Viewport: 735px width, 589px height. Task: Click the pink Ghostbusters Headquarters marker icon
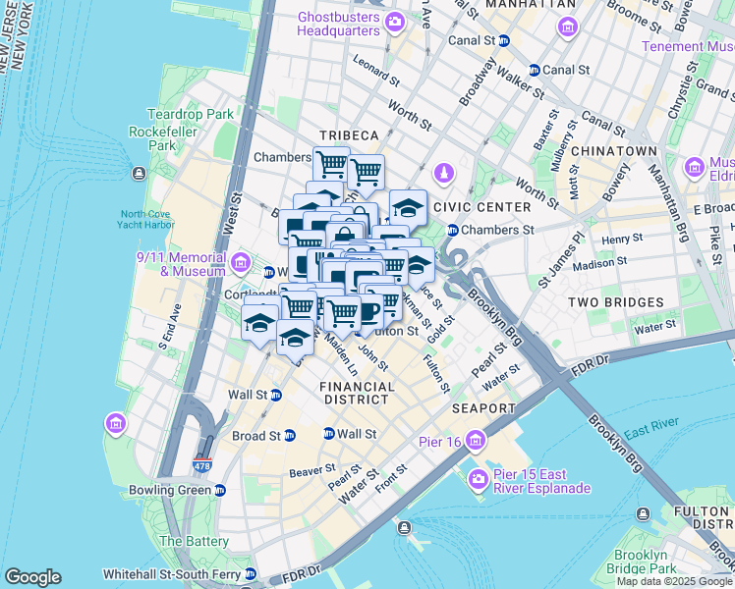395,21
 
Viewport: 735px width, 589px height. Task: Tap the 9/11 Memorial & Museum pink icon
241,262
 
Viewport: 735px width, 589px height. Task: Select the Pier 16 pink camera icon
476,438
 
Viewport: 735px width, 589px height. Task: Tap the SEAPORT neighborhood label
483,407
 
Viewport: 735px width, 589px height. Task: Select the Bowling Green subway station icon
220,490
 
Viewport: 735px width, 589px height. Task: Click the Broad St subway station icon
289,436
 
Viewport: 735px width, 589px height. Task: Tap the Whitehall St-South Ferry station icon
250,573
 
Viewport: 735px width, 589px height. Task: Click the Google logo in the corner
32,577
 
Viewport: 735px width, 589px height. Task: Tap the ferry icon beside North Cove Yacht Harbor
138,173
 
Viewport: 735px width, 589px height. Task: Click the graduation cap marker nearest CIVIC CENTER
408,207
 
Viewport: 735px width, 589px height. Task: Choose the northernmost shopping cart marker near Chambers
331,163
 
